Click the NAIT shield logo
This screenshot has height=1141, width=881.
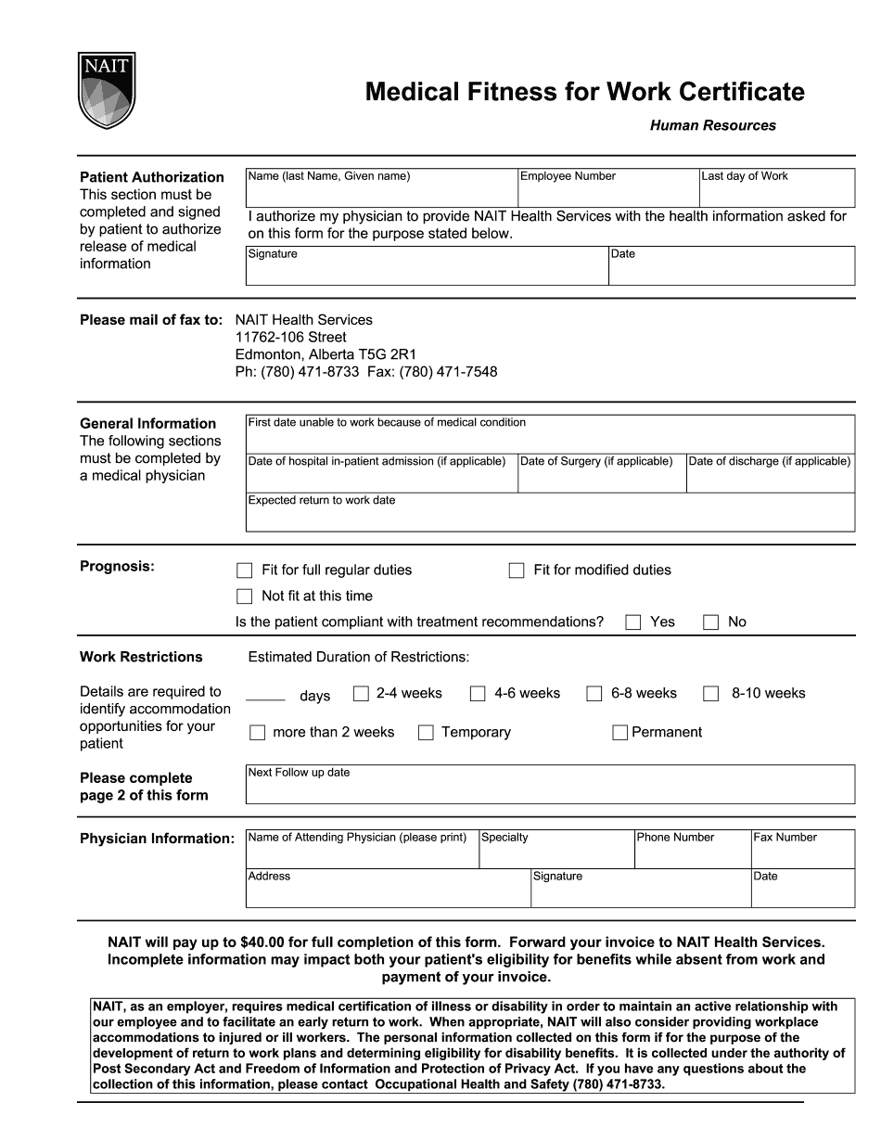click(x=108, y=90)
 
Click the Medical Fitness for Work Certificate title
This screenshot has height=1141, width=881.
click(x=584, y=92)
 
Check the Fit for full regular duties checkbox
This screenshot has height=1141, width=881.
click(x=245, y=570)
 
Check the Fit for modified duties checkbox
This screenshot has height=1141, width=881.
click(x=517, y=570)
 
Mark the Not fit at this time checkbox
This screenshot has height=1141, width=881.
click(x=245, y=596)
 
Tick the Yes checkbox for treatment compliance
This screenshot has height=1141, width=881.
click(x=633, y=622)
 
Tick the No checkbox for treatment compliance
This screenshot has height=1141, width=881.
click(x=711, y=622)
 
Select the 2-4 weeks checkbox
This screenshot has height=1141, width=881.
click(x=362, y=694)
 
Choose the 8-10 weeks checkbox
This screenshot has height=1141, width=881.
click(x=711, y=694)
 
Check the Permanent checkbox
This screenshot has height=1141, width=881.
click(x=620, y=733)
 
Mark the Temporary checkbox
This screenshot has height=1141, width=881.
click(x=426, y=733)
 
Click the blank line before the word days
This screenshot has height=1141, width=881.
click(x=266, y=696)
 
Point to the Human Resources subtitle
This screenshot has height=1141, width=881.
click(x=712, y=126)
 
